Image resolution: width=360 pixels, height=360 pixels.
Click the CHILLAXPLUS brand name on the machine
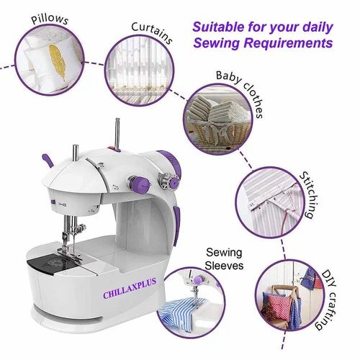click(130, 288)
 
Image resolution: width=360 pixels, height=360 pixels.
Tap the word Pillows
click(50, 20)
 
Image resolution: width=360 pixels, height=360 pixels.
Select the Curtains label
click(152, 32)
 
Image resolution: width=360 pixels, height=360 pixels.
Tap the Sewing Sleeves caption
click(224, 259)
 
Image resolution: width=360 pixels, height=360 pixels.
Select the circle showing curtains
click(140, 71)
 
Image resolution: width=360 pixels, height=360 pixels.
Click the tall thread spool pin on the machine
click(117, 135)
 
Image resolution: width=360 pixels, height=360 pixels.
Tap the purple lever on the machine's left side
click(48, 161)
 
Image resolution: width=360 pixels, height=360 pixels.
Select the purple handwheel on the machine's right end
click(171, 160)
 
